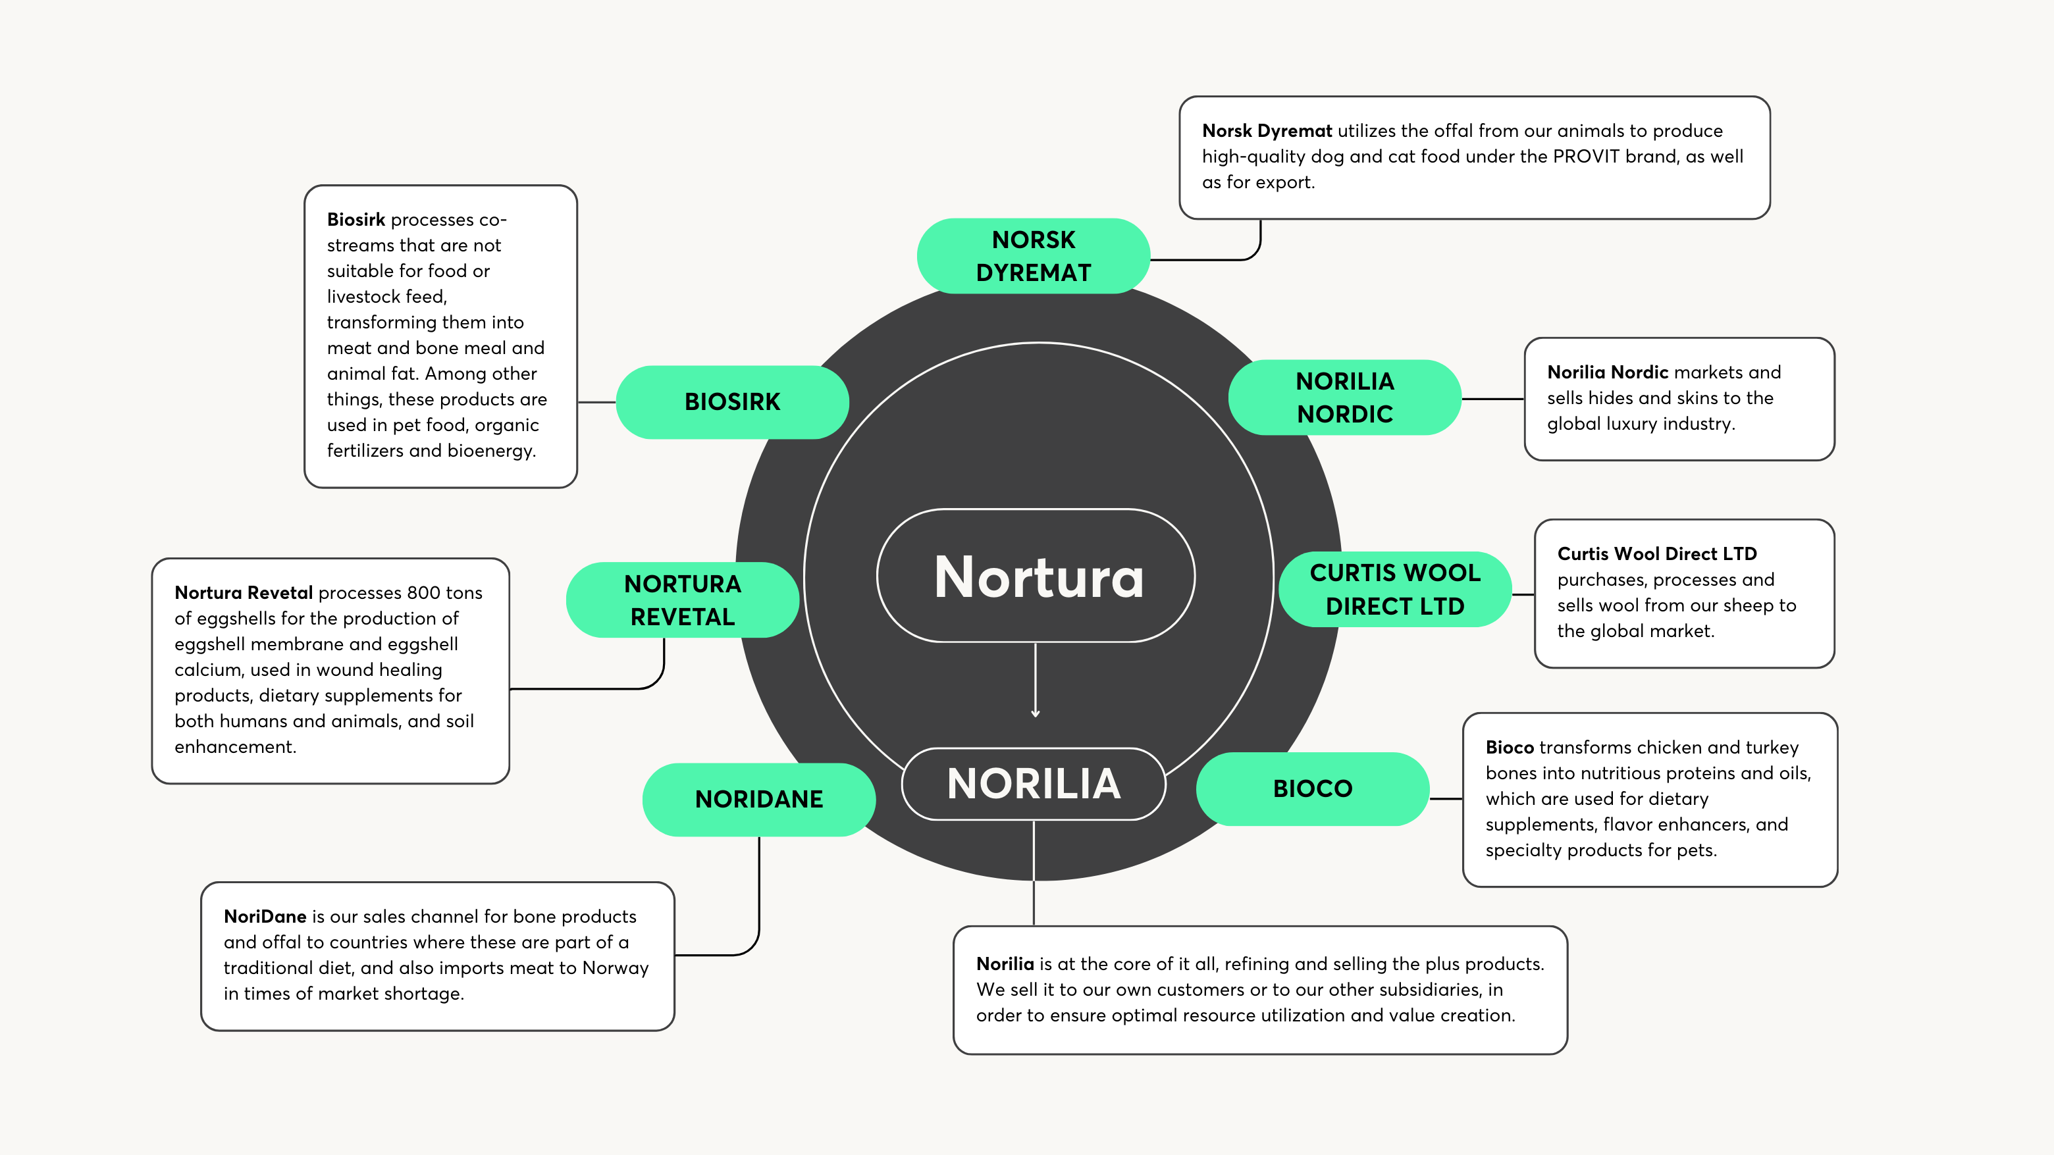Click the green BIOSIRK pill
[732, 401]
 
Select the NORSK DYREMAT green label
[1034, 256]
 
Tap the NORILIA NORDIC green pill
[1344, 397]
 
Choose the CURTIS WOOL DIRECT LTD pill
[1394, 589]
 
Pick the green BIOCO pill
[1313, 788]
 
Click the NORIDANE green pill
[758, 799]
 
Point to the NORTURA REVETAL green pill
[683, 600]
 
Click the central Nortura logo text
[1038, 577]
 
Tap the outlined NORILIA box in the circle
[1034, 784]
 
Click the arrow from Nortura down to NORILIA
[1035, 682]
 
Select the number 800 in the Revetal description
[423, 593]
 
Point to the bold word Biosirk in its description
[355, 219]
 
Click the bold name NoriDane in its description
[265, 917]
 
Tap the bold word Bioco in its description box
[1510, 748]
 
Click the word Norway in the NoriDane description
[616, 967]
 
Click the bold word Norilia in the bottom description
[1005, 963]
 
